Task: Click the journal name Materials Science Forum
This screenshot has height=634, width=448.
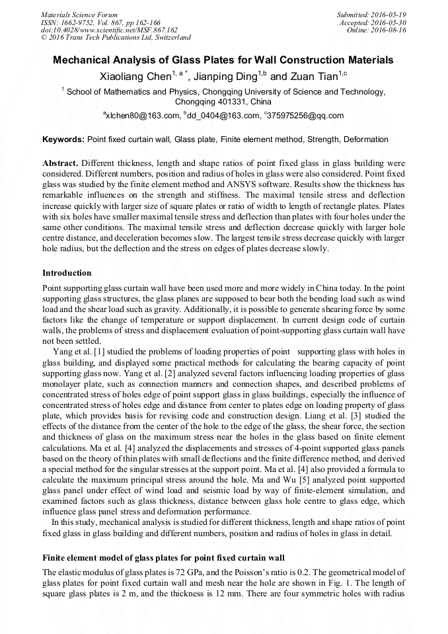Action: tap(79, 14)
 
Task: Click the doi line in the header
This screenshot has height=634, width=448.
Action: tap(109, 30)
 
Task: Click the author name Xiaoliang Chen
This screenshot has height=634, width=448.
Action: tap(135, 77)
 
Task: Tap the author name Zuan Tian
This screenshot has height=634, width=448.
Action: tap(314, 77)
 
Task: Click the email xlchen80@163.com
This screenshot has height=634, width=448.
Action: tap(144, 116)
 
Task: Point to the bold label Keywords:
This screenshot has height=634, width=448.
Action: tap(63, 140)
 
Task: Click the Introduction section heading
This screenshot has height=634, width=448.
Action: tap(67, 273)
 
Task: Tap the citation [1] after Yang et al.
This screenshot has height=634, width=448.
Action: tap(96, 351)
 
